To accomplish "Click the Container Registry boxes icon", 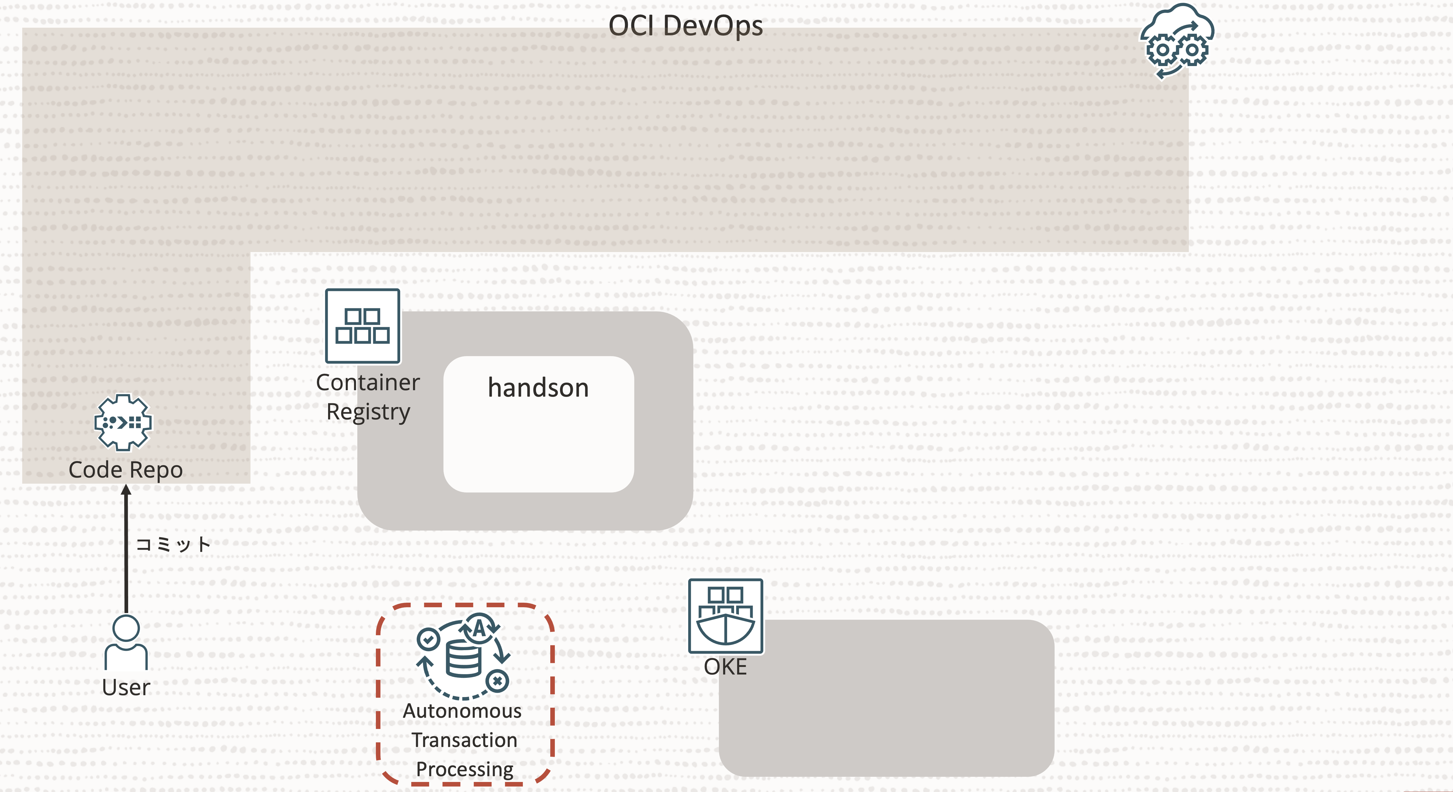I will [x=363, y=326].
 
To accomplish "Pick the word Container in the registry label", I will [x=368, y=383].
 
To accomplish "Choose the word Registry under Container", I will [x=368, y=412].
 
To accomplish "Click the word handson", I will [x=538, y=388].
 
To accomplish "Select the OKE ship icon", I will [x=725, y=616].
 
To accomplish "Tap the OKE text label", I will [x=725, y=667].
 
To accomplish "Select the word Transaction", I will [x=464, y=740].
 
